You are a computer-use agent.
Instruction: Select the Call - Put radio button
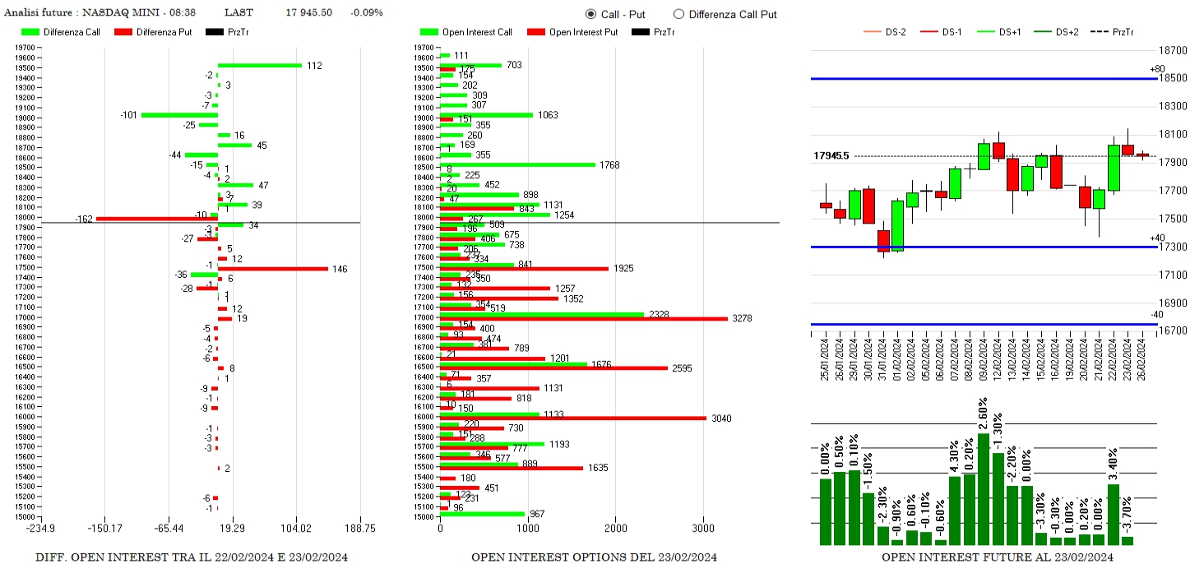tap(590, 14)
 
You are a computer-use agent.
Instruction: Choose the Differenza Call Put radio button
tap(678, 14)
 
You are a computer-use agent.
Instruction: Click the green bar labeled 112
tap(259, 65)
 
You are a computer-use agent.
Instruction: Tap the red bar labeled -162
tap(156, 219)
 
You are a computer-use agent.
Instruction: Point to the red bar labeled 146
tap(272, 269)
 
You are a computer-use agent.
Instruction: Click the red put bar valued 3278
tap(584, 318)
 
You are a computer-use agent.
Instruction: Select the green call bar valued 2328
tap(542, 314)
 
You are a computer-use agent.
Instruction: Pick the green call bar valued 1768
tap(518, 164)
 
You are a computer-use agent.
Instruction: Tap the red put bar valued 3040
tap(573, 418)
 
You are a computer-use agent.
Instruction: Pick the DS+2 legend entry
tap(1066, 32)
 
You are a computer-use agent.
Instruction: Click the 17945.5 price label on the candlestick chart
tap(831, 155)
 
